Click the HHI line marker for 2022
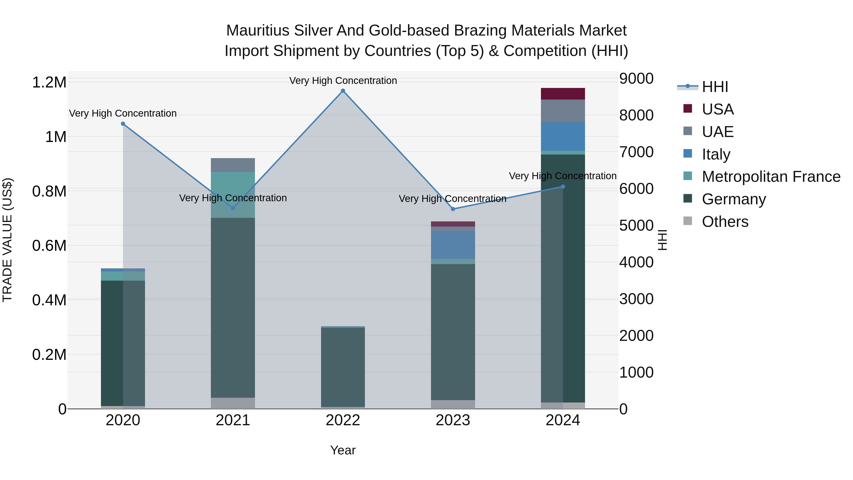(x=343, y=91)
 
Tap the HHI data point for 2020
(x=123, y=123)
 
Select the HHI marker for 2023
(x=453, y=209)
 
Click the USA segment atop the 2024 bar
(x=563, y=94)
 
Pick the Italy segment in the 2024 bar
(x=563, y=137)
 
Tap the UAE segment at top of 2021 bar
(x=233, y=165)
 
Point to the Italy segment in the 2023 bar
(x=453, y=245)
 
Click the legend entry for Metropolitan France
(x=771, y=177)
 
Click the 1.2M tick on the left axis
(x=49, y=82)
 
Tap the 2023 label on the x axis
(x=453, y=420)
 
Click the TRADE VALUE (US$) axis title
(x=8, y=240)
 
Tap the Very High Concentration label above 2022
(x=343, y=81)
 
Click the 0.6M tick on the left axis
(x=49, y=246)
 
